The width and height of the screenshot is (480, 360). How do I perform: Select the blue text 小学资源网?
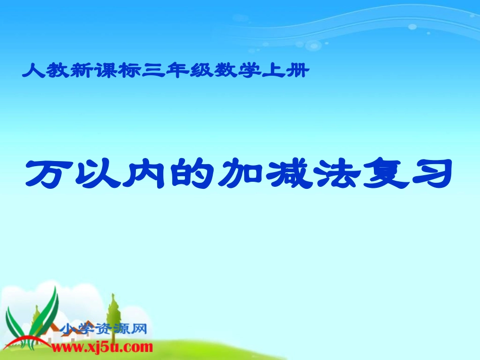[x=104, y=330]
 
